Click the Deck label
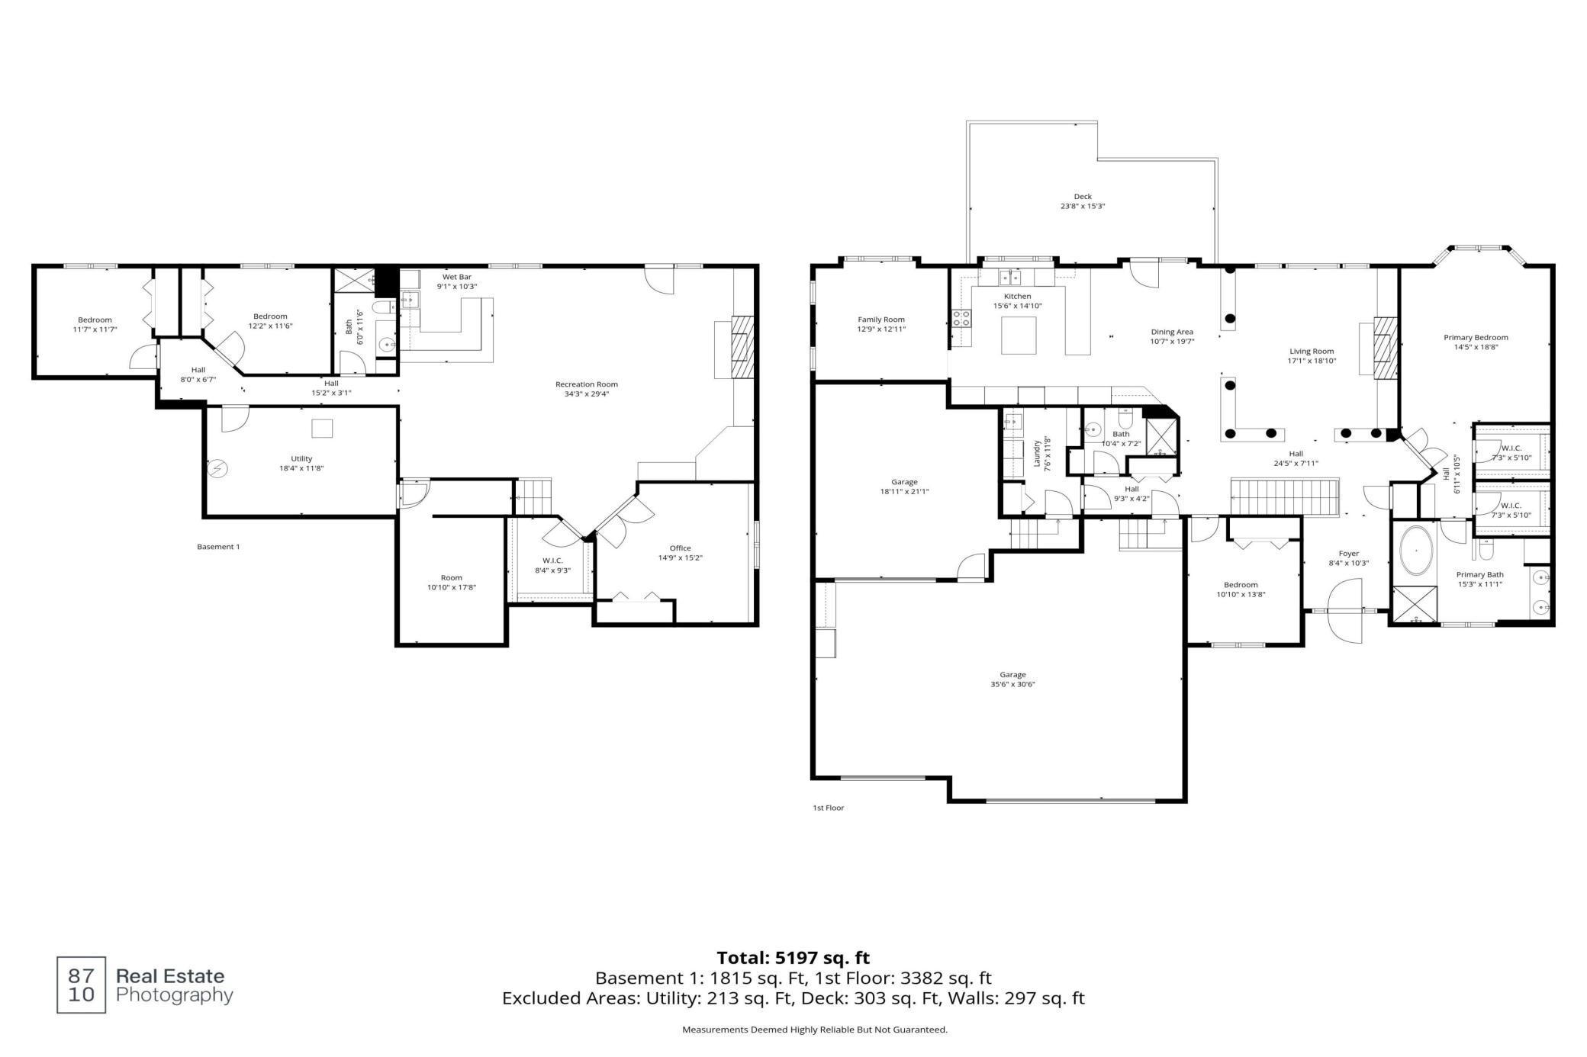tap(1083, 197)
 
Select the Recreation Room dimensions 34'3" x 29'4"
tap(587, 394)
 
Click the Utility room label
tap(301, 459)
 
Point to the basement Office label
tap(681, 548)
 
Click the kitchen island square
tap(1019, 336)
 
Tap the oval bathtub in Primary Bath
tap(1417, 550)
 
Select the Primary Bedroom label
tap(1476, 337)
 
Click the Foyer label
tap(1349, 554)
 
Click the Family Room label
tap(881, 320)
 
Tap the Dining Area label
tap(1172, 332)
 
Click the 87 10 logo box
tap(82, 985)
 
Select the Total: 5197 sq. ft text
tap(793, 958)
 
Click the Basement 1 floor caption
tap(218, 547)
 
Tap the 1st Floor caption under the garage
tap(829, 808)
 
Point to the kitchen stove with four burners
tap(961, 318)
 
